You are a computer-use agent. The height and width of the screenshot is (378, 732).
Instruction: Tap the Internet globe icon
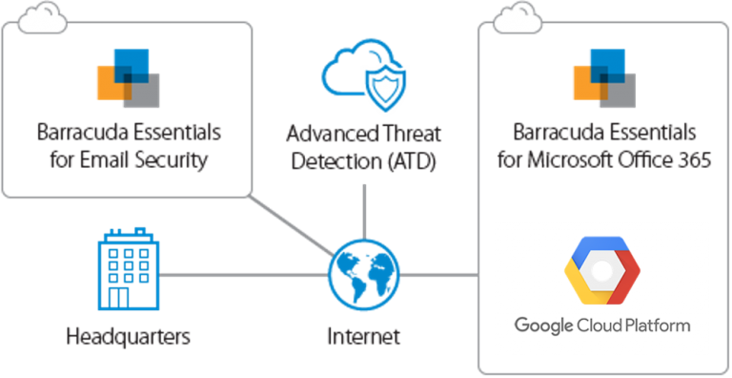[x=364, y=274]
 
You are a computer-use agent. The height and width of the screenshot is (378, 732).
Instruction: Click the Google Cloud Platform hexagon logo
[x=601, y=269]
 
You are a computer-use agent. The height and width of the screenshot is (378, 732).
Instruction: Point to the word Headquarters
[x=129, y=336]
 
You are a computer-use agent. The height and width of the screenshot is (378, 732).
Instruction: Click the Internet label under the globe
[x=364, y=336]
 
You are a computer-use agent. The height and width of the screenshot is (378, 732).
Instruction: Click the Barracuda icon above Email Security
[x=128, y=82]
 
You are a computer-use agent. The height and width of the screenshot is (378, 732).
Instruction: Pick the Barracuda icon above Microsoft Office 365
[x=602, y=82]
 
